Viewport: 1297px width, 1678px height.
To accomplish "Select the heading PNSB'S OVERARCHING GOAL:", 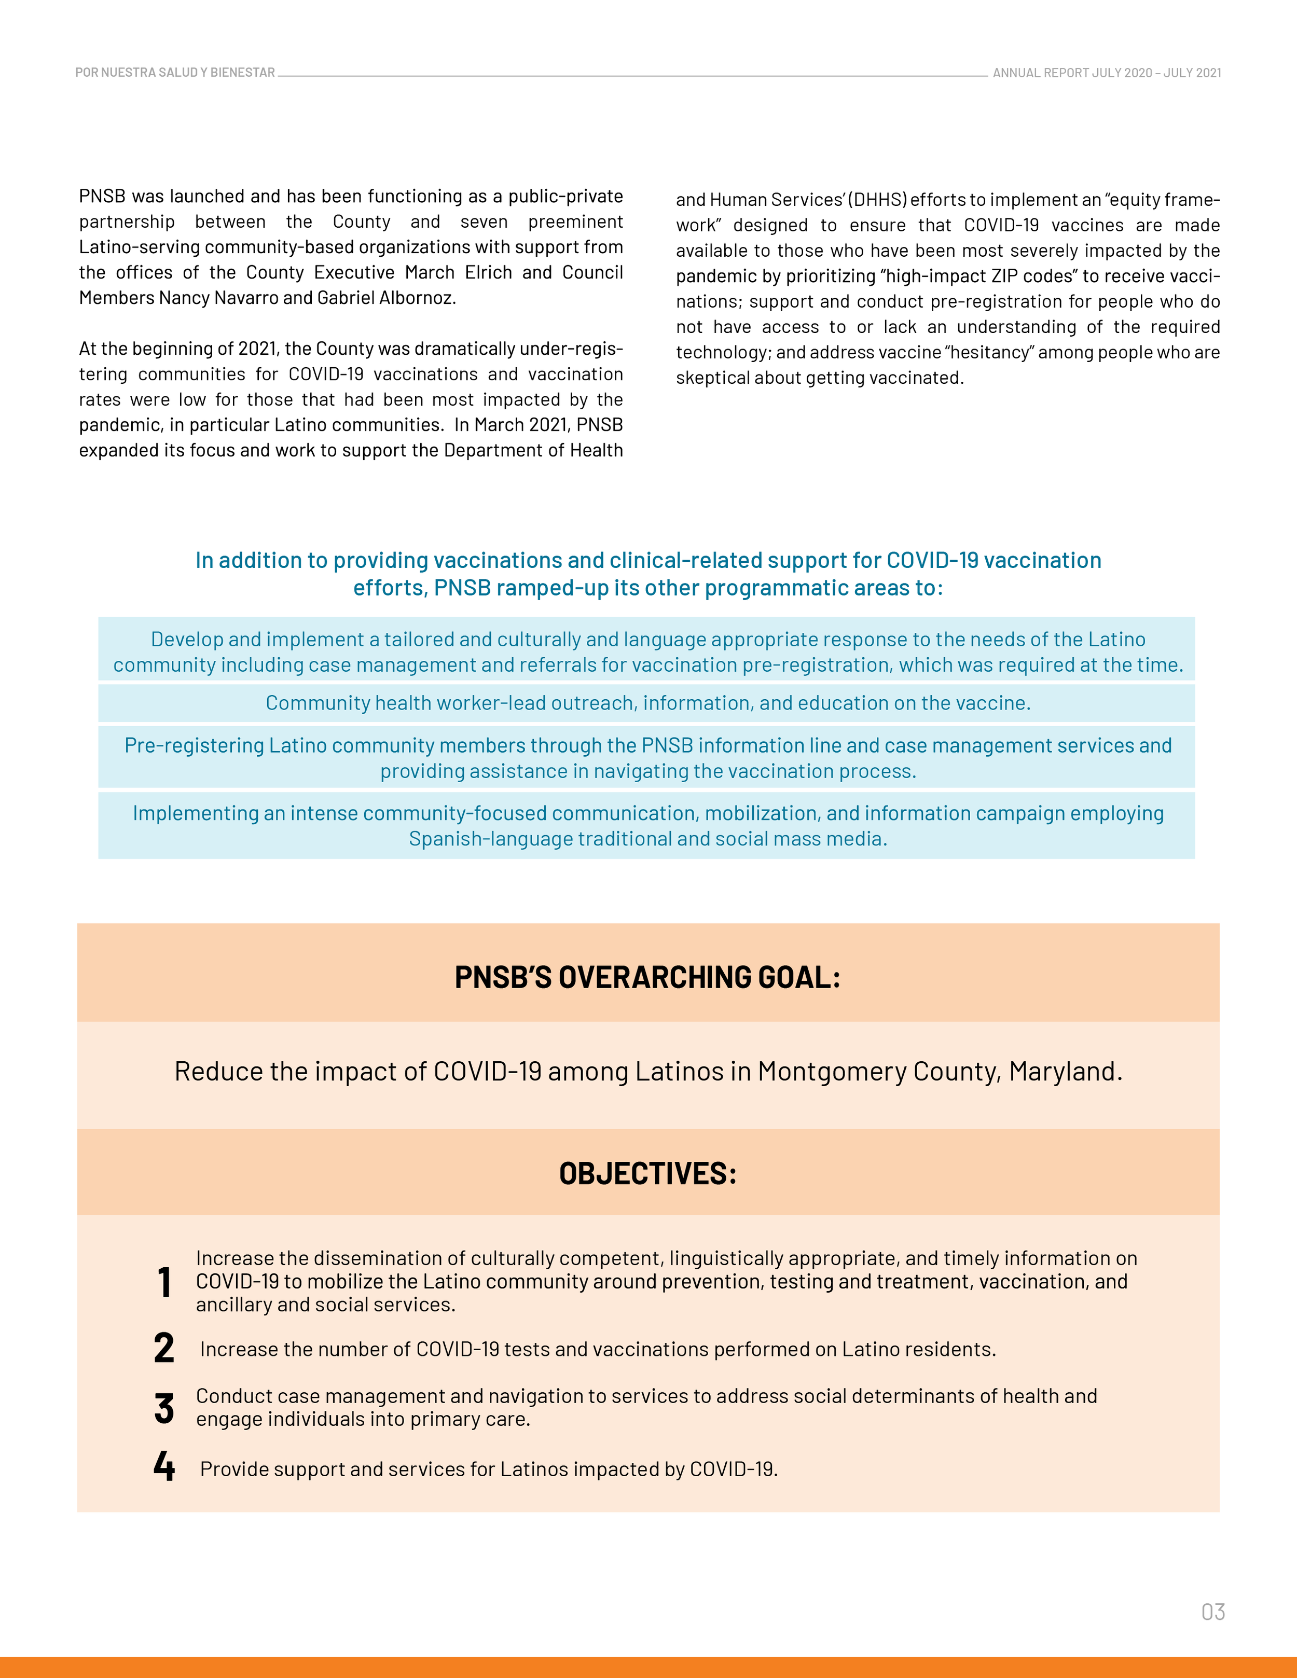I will coord(648,977).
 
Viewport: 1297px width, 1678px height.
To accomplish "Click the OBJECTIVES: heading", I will coord(648,1173).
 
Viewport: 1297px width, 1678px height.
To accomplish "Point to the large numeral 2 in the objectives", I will coord(163,1349).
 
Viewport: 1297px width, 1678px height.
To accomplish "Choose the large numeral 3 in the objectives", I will coord(163,1408).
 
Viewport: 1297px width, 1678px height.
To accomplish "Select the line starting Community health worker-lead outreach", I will coord(648,703).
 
